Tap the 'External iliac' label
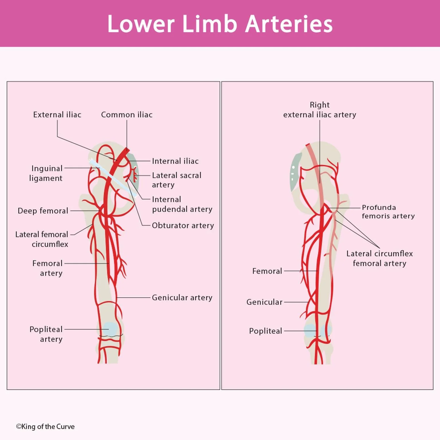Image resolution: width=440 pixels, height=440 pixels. click(57, 115)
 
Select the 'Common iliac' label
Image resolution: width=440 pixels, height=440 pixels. click(127, 115)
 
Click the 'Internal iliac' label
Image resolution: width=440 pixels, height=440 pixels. click(175, 161)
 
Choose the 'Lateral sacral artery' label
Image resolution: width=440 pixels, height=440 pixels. click(176, 180)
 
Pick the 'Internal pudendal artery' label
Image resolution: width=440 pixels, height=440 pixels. click(182, 204)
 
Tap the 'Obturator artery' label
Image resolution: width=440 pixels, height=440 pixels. click(183, 225)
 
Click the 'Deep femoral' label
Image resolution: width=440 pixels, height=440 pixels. click(43, 211)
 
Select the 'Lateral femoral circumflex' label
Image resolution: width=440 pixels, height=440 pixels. click(42, 239)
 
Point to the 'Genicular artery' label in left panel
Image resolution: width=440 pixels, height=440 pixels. click(182, 298)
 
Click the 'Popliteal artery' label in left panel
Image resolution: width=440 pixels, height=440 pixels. click(46, 334)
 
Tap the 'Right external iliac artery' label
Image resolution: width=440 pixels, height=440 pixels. click(320, 110)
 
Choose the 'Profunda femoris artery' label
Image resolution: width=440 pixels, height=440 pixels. click(388, 211)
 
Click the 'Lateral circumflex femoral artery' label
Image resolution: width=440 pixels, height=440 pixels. click(380, 258)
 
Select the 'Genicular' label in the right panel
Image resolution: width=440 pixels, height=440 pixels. click(264, 302)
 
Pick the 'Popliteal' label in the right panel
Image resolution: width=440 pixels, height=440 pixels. click(266, 331)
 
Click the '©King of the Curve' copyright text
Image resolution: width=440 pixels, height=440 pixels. click(45, 427)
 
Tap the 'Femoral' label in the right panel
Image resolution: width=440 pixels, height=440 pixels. click(267, 271)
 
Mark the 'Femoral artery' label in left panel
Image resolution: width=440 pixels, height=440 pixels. click(48, 268)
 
